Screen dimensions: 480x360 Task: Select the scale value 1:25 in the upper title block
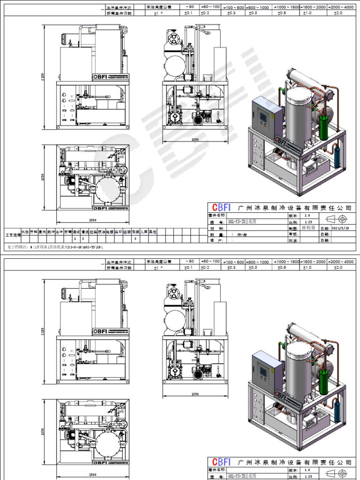[308, 222]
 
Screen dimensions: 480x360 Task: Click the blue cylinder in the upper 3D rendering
[337, 157]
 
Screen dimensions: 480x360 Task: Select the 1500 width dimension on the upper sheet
[92, 220]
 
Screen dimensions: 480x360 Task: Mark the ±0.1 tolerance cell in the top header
[189, 13]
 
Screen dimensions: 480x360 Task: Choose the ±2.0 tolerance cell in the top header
[337, 13]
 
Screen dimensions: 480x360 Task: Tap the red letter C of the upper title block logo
[215, 208]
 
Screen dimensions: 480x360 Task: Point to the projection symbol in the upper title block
[336, 218]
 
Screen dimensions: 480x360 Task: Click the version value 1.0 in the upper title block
[307, 216]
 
